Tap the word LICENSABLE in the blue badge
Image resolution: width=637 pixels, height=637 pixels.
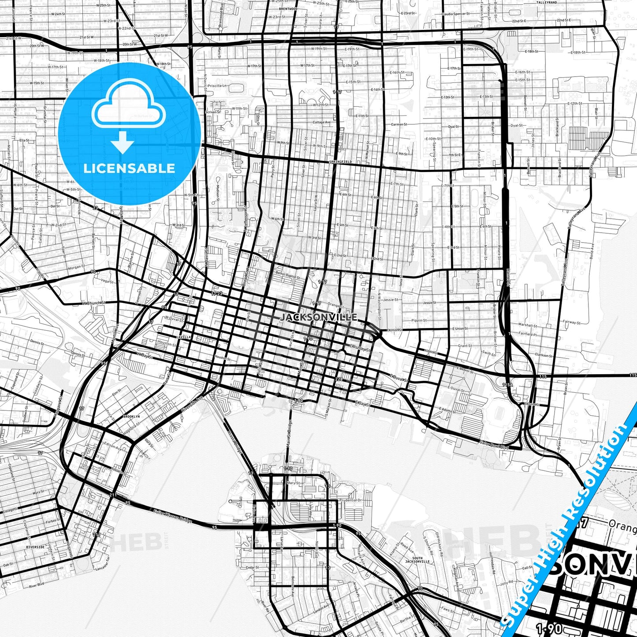pos(129,168)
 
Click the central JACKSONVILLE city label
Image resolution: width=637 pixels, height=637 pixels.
pos(319,317)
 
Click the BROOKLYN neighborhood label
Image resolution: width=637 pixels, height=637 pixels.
pos(131,416)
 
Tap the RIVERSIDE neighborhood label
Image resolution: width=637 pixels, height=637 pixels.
pos(35,547)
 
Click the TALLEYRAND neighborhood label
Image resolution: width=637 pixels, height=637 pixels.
pos(547,3)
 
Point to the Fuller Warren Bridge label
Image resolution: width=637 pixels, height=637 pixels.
pos(173,517)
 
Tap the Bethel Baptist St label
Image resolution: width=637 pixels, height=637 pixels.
pos(288,275)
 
